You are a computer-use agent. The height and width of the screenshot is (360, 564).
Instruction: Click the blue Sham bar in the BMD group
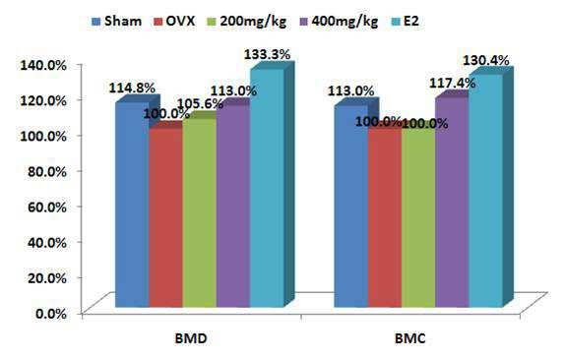(x=132, y=205)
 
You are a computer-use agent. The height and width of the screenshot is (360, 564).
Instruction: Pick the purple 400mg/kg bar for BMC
(x=452, y=203)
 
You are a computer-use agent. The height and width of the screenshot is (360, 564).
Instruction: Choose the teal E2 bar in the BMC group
(x=486, y=191)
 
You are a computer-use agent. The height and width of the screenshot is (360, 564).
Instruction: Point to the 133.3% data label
(x=268, y=55)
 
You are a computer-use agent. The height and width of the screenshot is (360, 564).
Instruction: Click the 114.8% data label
(x=132, y=88)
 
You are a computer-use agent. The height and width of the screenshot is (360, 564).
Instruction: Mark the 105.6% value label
(x=201, y=104)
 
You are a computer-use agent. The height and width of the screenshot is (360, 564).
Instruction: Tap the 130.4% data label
(x=485, y=61)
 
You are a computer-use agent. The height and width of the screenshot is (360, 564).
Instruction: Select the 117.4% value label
(x=453, y=84)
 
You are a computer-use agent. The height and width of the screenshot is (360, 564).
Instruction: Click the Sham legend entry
(x=117, y=22)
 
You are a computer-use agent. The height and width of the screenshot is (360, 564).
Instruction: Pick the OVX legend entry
(x=174, y=22)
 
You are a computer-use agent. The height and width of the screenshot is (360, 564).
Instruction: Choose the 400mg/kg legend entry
(x=339, y=22)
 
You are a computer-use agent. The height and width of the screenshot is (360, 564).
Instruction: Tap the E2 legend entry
(x=405, y=22)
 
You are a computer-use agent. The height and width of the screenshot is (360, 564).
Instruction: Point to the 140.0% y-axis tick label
(x=43, y=65)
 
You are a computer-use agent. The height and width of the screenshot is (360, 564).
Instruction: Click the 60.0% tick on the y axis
(x=47, y=208)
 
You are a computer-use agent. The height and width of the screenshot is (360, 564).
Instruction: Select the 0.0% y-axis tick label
(x=51, y=314)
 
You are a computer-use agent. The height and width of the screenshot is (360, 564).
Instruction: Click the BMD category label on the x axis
(x=191, y=338)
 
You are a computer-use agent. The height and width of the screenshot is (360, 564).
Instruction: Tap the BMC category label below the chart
(x=409, y=338)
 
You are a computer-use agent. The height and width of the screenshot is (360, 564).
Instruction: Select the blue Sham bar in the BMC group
(x=351, y=207)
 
